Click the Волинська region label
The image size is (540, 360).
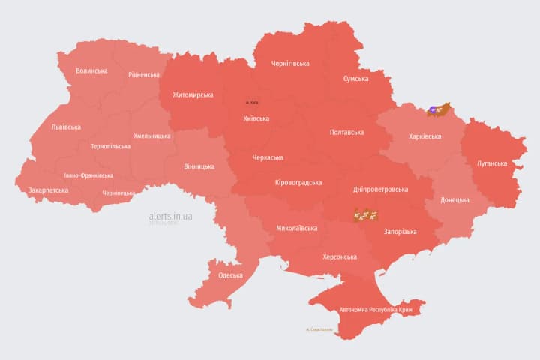pos(91,71)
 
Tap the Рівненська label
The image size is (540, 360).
pos(144,75)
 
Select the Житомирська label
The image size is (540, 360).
pos(193,95)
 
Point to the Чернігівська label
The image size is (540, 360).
pos(290,64)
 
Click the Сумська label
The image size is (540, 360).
pos(355,79)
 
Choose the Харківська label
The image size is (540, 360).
pos(430,136)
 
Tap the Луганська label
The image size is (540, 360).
pos(492,163)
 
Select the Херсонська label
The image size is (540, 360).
pos(340,256)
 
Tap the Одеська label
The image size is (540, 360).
pos(230,275)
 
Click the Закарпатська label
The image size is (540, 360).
pos(48,190)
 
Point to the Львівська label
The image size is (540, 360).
pos(66,127)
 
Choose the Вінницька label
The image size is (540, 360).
pos(199,166)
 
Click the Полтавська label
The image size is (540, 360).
pos(346,133)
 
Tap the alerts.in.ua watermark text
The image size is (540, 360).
pos(170,216)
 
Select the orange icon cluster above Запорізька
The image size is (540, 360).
pos(365,216)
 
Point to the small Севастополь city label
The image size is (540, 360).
pos(319,329)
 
